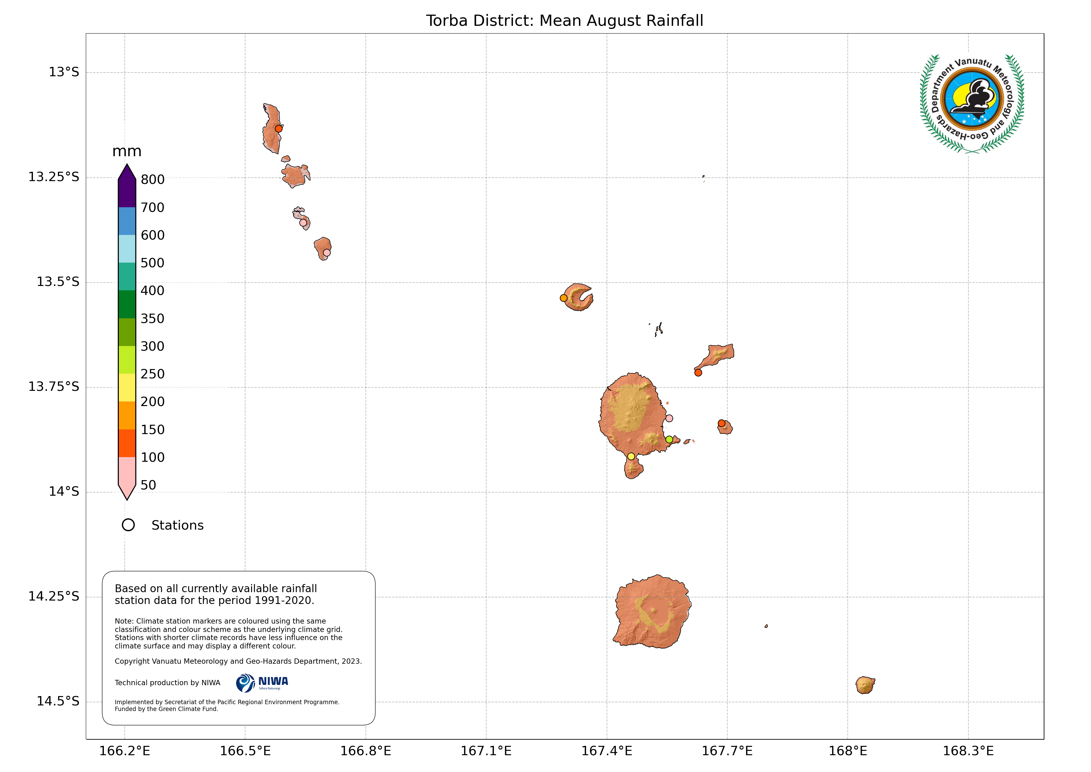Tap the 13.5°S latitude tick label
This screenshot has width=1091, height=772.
click(x=58, y=282)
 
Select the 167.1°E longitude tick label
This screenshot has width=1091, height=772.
click(x=486, y=751)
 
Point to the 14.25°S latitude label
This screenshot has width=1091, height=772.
click(x=54, y=597)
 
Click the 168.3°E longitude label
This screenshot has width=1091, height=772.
click(x=968, y=751)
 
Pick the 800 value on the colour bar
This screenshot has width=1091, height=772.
click(x=152, y=180)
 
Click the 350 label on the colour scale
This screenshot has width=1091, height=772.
click(x=152, y=319)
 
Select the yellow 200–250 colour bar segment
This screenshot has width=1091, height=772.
click(x=127, y=387)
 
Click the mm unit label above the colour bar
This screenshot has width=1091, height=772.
click(x=127, y=152)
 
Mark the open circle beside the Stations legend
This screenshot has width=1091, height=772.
click(x=128, y=525)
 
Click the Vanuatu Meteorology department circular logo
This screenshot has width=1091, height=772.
click(x=972, y=104)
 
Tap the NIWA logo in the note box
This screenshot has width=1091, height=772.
click(x=262, y=683)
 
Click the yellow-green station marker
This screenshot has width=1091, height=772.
click(x=669, y=440)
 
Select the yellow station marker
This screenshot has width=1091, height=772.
click(x=631, y=456)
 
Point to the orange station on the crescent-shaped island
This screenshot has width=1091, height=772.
click(x=564, y=298)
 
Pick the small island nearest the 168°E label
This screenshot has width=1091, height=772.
click(x=865, y=685)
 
